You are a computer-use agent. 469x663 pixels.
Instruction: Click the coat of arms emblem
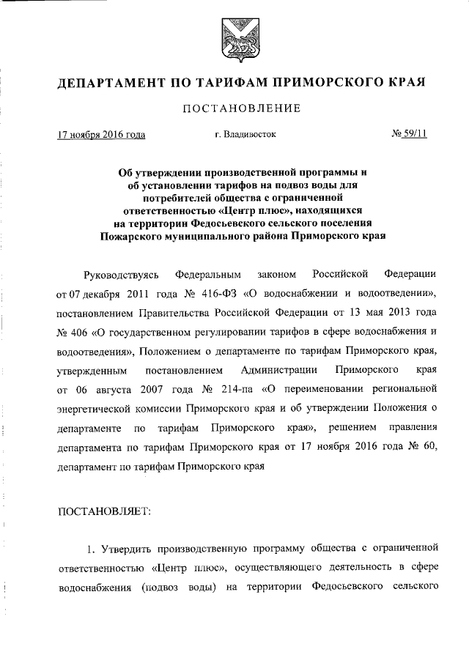click(x=234, y=40)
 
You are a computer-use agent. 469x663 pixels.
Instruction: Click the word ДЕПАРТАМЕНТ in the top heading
click(x=114, y=81)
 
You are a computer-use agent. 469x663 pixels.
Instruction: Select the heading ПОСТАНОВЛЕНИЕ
click(x=234, y=108)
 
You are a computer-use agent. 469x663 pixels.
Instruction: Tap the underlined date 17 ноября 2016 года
click(x=101, y=134)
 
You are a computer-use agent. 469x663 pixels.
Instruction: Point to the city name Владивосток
click(x=250, y=134)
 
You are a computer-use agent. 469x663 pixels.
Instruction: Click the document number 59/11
click(x=416, y=134)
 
